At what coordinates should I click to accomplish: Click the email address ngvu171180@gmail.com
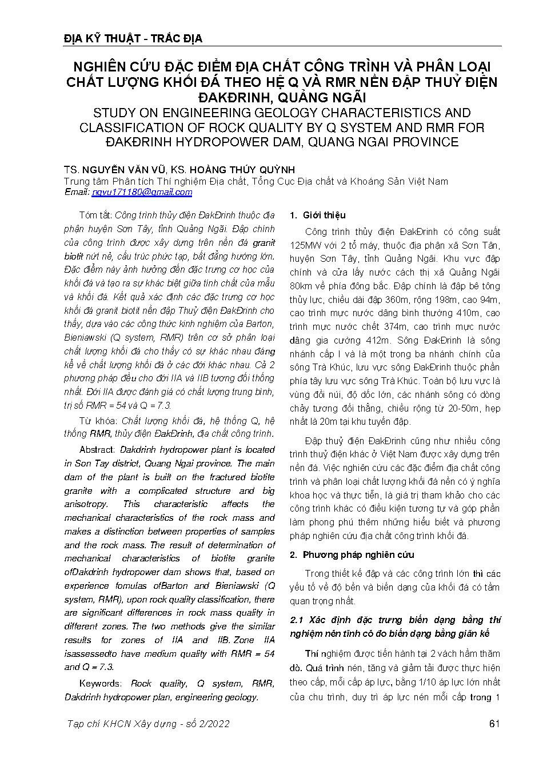(x=142, y=192)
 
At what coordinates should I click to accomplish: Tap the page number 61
(x=495, y=724)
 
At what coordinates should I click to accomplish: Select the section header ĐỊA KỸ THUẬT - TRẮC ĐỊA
(x=133, y=39)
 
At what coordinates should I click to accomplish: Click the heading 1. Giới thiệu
(x=318, y=216)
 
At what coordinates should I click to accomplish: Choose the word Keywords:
(x=101, y=684)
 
